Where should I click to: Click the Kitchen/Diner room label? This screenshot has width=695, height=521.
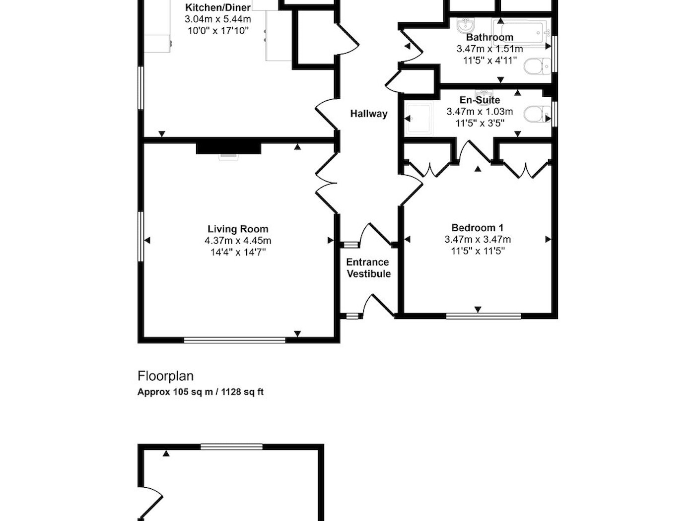click(218, 7)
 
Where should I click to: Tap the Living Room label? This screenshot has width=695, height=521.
click(238, 229)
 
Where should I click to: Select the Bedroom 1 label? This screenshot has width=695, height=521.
click(478, 227)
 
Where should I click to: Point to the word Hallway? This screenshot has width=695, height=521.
click(368, 114)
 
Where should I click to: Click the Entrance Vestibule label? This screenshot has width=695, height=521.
click(368, 267)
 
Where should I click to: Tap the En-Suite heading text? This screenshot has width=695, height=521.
click(480, 100)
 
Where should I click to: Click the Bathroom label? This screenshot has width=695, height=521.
click(489, 37)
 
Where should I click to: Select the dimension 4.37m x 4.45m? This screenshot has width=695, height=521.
click(238, 241)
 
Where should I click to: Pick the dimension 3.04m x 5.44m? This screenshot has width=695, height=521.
click(218, 19)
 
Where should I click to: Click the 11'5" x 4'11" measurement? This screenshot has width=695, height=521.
click(490, 61)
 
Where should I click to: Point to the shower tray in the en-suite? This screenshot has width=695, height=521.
click(419, 118)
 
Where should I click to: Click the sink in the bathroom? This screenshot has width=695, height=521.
click(466, 25)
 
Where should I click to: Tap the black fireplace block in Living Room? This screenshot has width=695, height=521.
click(229, 148)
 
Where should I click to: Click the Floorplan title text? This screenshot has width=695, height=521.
click(165, 376)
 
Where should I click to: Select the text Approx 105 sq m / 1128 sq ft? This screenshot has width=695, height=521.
click(201, 392)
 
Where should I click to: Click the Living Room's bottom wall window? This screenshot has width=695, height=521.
click(235, 340)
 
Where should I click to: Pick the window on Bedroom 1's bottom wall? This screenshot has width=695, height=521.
click(484, 316)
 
